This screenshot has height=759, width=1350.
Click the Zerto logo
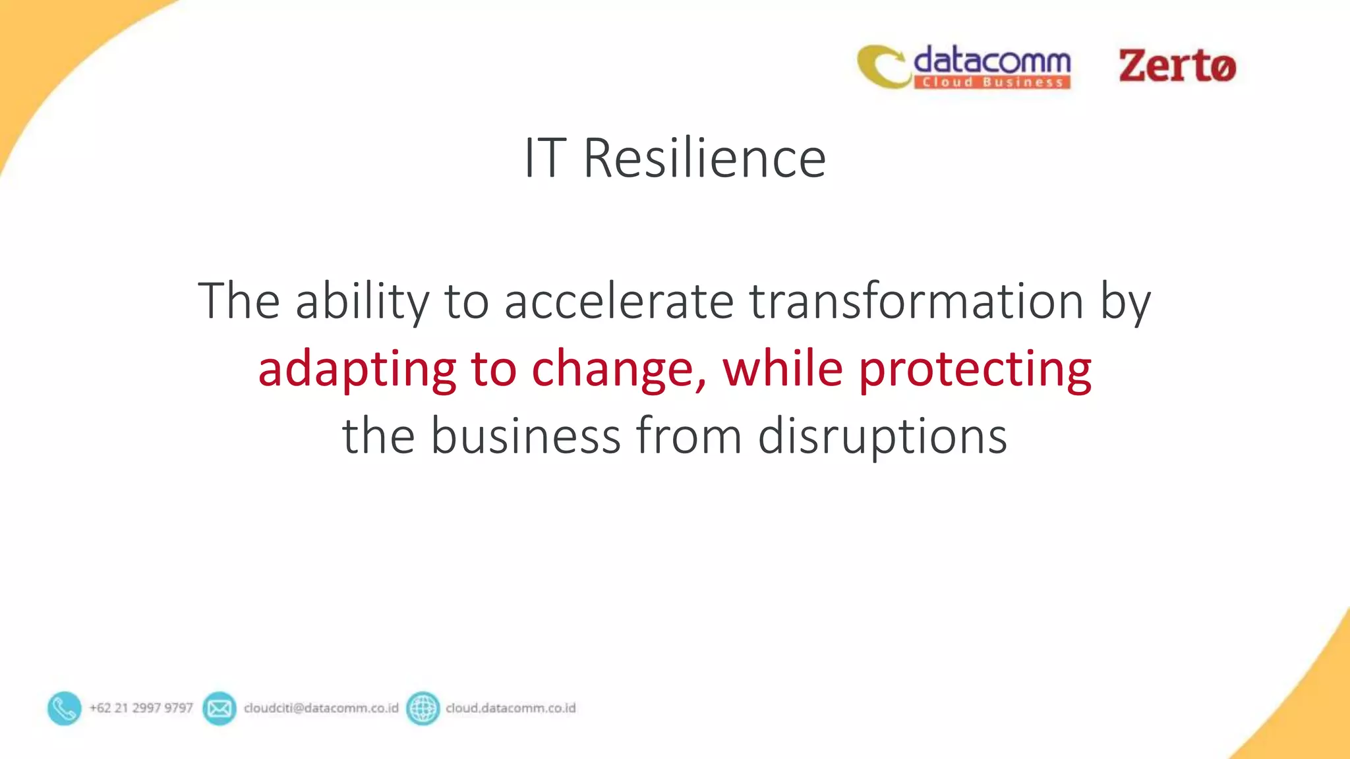click(x=1177, y=66)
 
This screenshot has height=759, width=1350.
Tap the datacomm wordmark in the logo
click(x=991, y=61)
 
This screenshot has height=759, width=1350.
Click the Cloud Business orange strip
click(x=991, y=82)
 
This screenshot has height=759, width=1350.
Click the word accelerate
click(x=619, y=301)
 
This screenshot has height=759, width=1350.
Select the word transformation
click(x=916, y=301)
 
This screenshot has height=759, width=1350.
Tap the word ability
click(x=362, y=301)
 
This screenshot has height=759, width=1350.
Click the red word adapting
click(x=357, y=370)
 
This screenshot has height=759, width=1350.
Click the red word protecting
click(x=975, y=370)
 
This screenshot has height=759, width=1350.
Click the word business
click(x=525, y=436)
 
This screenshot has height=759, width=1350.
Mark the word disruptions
click(x=882, y=437)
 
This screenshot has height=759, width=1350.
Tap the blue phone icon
click(x=64, y=708)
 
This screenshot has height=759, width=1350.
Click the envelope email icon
click(x=219, y=708)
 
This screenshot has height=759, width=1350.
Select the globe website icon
click(x=423, y=708)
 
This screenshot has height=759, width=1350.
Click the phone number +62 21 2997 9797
click(x=141, y=708)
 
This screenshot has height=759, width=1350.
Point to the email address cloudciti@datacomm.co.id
click(x=321, y=708)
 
